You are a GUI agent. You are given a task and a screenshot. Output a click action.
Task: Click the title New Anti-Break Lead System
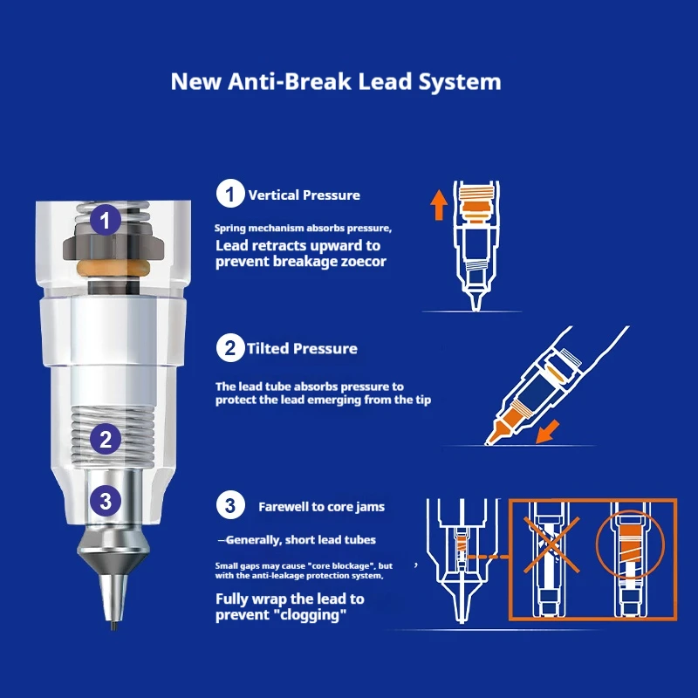pos(336,82)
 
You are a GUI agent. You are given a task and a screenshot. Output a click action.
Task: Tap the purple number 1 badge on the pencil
pos(105,220)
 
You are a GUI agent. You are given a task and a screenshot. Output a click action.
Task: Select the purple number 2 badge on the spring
pos(106,440)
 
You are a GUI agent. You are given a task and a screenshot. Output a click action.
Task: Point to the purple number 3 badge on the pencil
pos(106,501)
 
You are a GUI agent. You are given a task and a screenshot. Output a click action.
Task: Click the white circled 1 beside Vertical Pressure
pos(230,194)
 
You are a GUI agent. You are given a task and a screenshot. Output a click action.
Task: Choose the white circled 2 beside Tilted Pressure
pos(230,347)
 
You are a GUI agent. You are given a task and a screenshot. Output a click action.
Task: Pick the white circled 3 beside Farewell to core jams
pos(230,505)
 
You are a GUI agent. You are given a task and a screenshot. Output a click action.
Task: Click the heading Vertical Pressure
pos(304,195)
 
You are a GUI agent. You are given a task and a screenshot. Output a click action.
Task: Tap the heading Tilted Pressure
pos(302,348)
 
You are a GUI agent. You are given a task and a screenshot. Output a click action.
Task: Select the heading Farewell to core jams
pos(321,507)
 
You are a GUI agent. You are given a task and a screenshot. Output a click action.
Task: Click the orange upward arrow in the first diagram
pos(439,205)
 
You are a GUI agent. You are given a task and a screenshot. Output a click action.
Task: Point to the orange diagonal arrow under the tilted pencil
pos(547,432)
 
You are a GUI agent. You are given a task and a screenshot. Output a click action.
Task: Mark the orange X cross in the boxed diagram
pos(551,544)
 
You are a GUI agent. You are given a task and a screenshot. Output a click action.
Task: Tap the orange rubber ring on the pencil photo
pos(113,268)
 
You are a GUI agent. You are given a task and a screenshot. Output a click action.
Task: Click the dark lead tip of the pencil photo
pos(114,626)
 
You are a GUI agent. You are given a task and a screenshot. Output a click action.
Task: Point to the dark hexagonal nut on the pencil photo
pos(113,246)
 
